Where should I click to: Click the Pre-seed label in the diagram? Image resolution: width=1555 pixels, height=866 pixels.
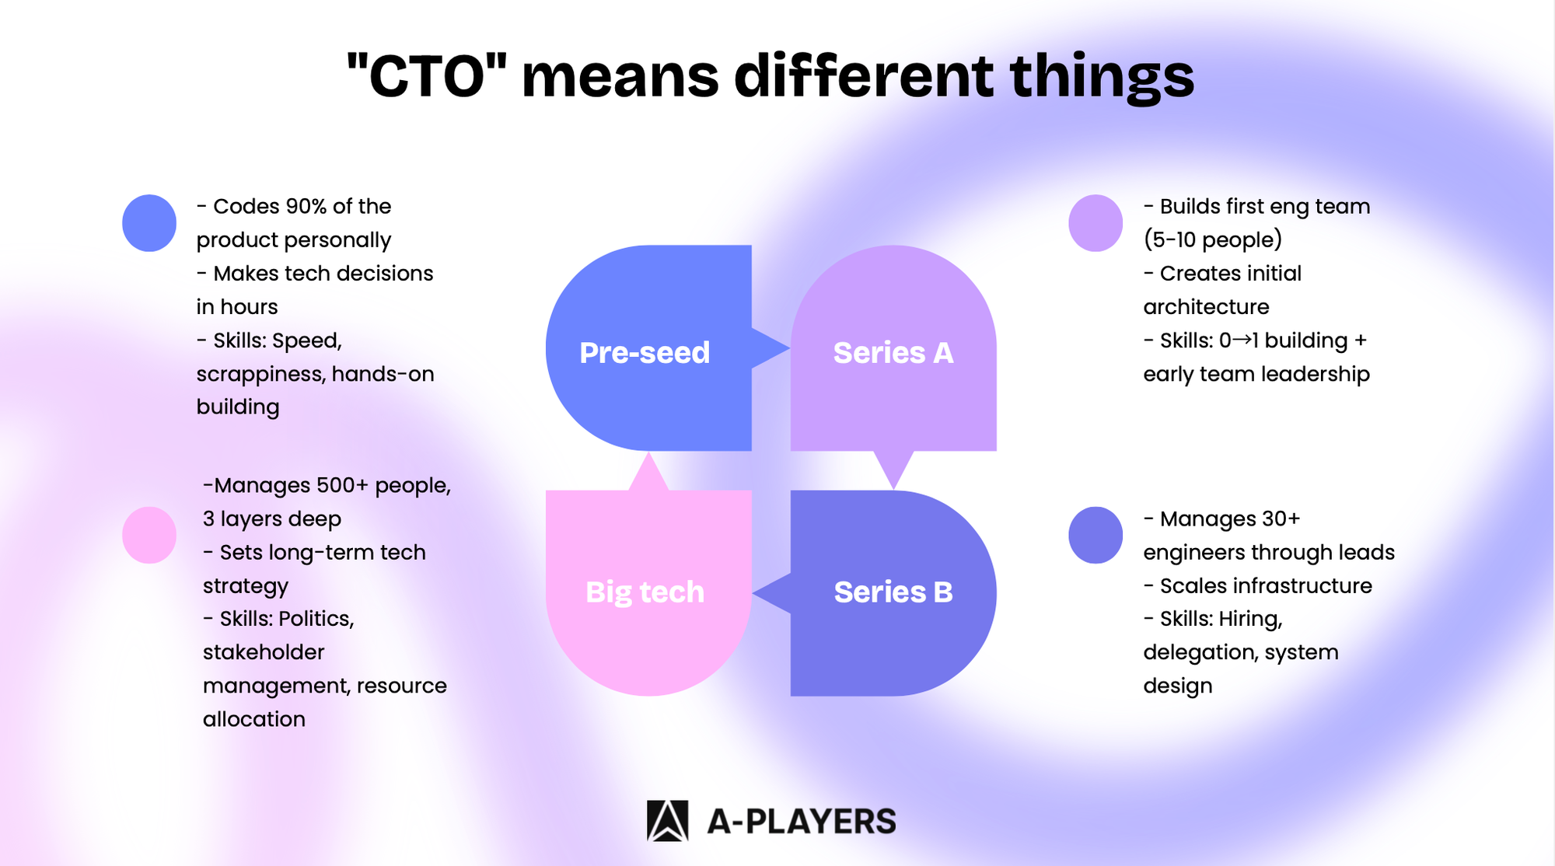pos(645,353)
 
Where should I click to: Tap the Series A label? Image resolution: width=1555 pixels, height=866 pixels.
pos(893,353)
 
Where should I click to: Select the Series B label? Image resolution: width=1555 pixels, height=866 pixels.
pos(893,592)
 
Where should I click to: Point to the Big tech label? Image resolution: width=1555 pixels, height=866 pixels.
pos(645,593)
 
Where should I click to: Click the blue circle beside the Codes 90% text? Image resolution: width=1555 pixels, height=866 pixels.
pos(149,223)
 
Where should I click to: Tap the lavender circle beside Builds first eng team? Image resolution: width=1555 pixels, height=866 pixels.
pos(1095,223)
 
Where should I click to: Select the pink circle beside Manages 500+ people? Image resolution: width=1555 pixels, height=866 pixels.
pos(149,535)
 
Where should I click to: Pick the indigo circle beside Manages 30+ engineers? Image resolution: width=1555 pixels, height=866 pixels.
pos(1095,535)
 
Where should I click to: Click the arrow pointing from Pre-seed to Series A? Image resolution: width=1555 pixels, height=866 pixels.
pos(771,348)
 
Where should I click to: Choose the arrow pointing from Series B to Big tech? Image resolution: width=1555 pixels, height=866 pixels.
pos(771,593)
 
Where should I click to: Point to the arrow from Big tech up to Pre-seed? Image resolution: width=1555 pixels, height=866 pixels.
pos(648,471)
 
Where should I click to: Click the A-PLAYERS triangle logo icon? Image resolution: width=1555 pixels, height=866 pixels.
pos(667,821)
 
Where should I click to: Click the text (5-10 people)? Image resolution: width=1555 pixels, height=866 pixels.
pos(1212,239)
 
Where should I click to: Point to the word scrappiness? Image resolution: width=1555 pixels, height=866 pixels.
pos(260,375)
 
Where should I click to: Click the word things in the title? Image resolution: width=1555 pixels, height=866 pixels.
pos(1102,78)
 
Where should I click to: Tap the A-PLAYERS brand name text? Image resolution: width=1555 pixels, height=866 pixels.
pos(802,822)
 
